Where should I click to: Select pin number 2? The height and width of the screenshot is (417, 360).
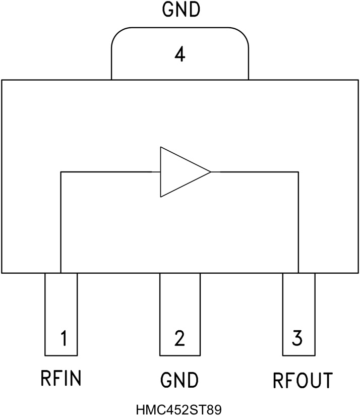(179, 338)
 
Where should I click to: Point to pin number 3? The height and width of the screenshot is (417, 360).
(297, 338)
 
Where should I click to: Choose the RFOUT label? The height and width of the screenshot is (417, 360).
(303, 380)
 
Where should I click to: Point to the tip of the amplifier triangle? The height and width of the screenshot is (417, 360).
(210, 172)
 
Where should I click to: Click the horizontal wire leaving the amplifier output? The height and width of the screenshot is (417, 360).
(255, 172)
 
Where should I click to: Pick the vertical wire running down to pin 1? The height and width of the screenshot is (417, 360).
(61, 222)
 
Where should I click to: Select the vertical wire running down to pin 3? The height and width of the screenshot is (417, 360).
(298, 222)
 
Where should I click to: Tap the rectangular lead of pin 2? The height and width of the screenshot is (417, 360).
(180, 313)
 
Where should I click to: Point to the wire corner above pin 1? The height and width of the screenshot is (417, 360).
(61, 172)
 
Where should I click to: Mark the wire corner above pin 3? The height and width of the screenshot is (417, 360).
(298, 172)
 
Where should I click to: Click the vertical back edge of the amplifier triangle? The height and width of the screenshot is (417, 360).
(160, 172)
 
